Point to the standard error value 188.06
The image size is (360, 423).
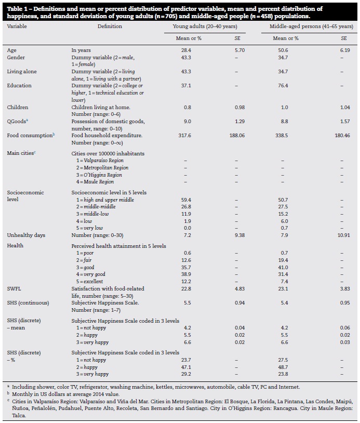(237, 136)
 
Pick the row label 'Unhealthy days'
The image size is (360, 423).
(26, 235)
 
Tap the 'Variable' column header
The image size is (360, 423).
(18, 25)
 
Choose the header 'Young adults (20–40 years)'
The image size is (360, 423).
(210, 25)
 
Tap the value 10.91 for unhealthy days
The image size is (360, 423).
(343, 235)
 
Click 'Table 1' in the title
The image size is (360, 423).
(19, 9)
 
